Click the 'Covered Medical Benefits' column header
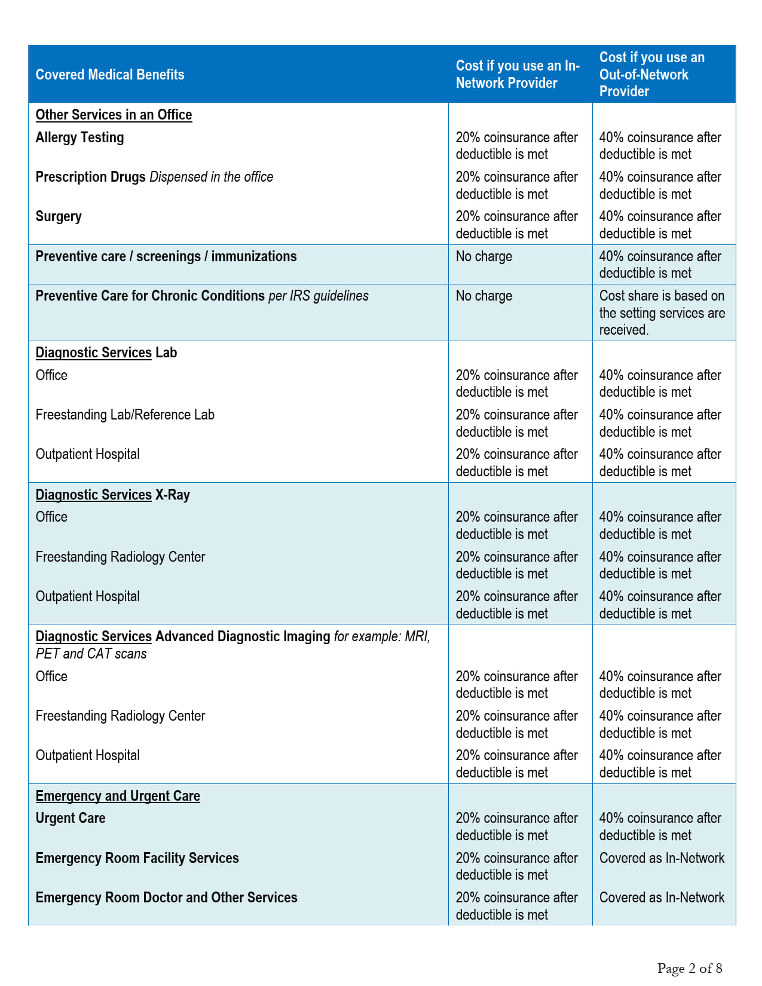(x=110, y=75)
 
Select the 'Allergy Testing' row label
(x=79, y=137)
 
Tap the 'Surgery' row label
(x=59, y=216)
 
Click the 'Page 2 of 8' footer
(x=689, y=968)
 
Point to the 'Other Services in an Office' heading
(x=114, y=115)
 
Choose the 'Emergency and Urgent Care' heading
(x=118, y=796)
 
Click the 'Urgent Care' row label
(x=71, y=818)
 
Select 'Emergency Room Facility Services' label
(x=137, y=858)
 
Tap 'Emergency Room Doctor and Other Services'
(x=166, y=898)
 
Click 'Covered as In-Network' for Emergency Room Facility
(x=662, y=858)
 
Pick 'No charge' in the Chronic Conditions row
(x=483, y=296)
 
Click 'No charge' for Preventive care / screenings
(x=483, y=256)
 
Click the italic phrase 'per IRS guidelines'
(x=319, y=296)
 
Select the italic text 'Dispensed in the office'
(x=211, y=177)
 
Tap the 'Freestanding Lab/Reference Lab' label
(x=125, y=415)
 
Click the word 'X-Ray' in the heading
(x=172, y=495)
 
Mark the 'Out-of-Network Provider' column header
(x=651, y=74)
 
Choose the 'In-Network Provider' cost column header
(x=518, y=74)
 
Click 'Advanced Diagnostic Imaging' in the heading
(x=242, y=636)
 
